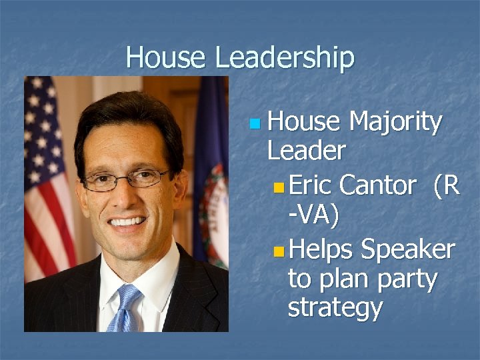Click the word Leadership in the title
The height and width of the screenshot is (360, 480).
285,59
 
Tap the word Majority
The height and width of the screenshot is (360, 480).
395,123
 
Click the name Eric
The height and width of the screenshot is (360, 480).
311,185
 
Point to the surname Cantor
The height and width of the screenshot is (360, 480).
377,185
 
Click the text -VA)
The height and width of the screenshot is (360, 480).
313,215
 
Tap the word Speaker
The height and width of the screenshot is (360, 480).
407,249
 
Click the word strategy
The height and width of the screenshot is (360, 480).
335,308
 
